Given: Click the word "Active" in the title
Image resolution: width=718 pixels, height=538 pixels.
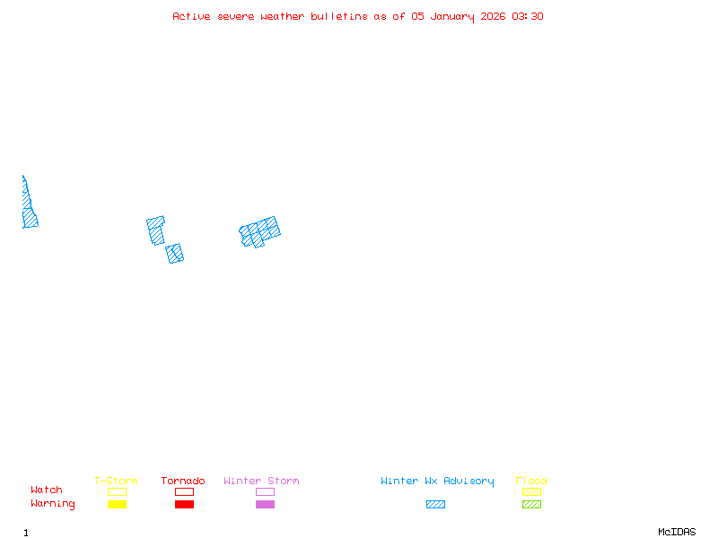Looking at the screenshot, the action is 191,16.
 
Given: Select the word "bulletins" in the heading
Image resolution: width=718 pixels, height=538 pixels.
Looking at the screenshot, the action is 339,16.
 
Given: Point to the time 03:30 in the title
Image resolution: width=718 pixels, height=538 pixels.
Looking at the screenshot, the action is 529,16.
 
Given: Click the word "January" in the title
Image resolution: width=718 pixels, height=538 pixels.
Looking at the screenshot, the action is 453,16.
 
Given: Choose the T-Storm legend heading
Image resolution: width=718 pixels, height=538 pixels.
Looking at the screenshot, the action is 116,482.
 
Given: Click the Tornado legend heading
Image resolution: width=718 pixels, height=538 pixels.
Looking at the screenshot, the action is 183,482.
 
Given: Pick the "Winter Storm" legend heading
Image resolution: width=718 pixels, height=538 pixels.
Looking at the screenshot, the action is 261,482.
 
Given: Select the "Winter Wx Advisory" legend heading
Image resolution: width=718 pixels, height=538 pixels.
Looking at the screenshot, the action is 437,482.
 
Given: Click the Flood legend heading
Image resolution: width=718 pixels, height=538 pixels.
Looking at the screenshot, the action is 531,482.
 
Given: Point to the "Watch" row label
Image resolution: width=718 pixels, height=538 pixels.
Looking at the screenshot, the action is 47,490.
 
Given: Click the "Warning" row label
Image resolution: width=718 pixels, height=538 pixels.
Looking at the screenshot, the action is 53,504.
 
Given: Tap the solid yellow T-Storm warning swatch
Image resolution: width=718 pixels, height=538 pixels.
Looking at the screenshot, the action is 117,505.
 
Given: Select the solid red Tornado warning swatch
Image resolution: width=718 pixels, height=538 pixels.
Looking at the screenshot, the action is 184,505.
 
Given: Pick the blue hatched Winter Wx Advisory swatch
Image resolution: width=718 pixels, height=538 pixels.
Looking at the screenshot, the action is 435,505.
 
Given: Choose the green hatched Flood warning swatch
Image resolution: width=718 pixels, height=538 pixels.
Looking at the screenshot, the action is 531,505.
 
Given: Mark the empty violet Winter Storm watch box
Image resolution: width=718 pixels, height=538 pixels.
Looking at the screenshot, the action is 265,491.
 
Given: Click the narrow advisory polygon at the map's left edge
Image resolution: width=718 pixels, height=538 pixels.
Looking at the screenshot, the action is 29,211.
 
